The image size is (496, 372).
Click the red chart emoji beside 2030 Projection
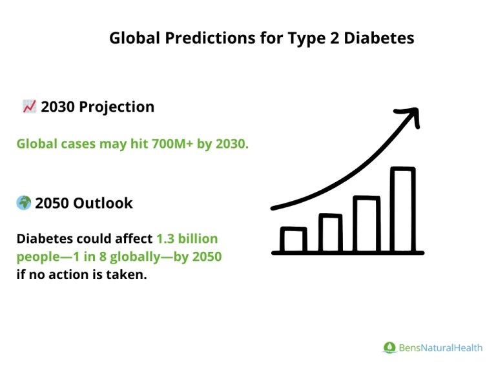29,107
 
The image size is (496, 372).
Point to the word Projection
117,107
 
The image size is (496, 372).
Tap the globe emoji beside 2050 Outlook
24,203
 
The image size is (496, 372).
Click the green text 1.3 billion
187,238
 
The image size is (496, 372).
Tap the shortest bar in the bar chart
293,240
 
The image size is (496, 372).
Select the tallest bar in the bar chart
403,210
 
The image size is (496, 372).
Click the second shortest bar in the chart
330,233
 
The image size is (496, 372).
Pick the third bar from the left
366,224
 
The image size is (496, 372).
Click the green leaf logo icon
389,347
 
